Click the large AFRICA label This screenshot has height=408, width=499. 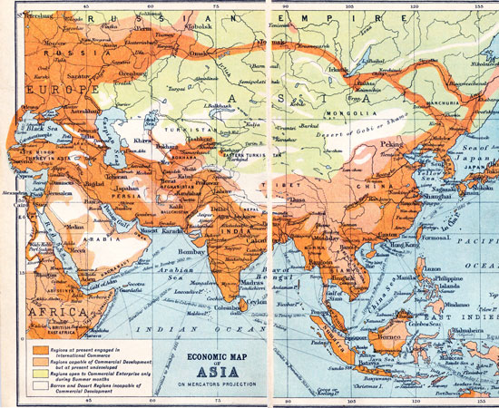coord(33,312)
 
